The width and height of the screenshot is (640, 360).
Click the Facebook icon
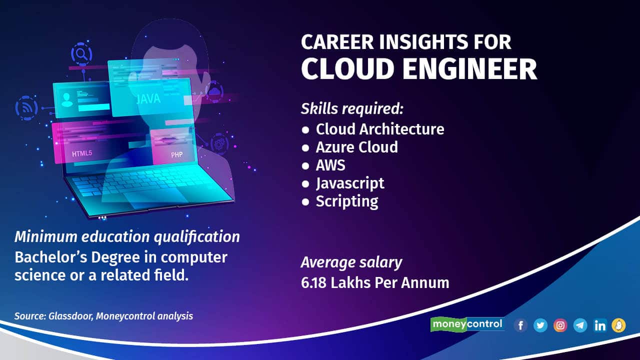pos(520,325)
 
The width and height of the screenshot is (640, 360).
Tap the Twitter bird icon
pos(540,325)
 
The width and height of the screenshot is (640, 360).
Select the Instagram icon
pos(560,325)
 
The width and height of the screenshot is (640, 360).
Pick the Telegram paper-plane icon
pos(580,325)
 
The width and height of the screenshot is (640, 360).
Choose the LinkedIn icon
pos(599,325)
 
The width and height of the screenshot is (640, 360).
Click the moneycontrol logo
pos(467,324)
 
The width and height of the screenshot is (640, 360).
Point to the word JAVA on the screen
pos(148,99)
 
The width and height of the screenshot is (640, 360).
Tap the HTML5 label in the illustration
pos(82,153)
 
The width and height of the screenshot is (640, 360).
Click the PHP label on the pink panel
pos(176,155)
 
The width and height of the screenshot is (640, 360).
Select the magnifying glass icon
pos(81,53)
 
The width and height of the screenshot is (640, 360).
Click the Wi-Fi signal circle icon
pos(26,108)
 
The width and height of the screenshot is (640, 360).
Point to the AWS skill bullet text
pos(330,165)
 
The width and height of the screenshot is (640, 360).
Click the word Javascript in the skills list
pos(350,183)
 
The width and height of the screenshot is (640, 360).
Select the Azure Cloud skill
pos(356,147)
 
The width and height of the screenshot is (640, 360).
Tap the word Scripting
pos(347,201)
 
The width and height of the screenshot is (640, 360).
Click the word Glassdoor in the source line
pos(70,316)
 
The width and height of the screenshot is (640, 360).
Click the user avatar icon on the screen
pos(67,99)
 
